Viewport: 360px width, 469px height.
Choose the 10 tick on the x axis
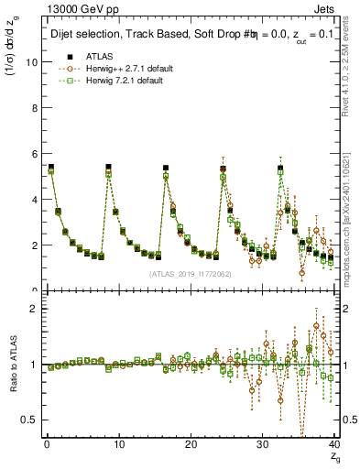tap(118, 446)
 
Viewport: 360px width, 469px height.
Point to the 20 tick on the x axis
tap(191, 446)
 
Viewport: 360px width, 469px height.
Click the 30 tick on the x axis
tap(263, 446)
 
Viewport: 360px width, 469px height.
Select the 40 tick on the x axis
tap(334, 446)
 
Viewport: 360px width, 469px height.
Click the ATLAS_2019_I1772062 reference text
tap(191, 273)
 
